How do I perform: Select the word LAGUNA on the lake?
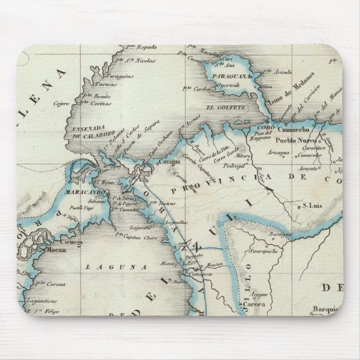click(110, 267)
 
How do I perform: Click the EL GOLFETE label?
click(225, 107)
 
